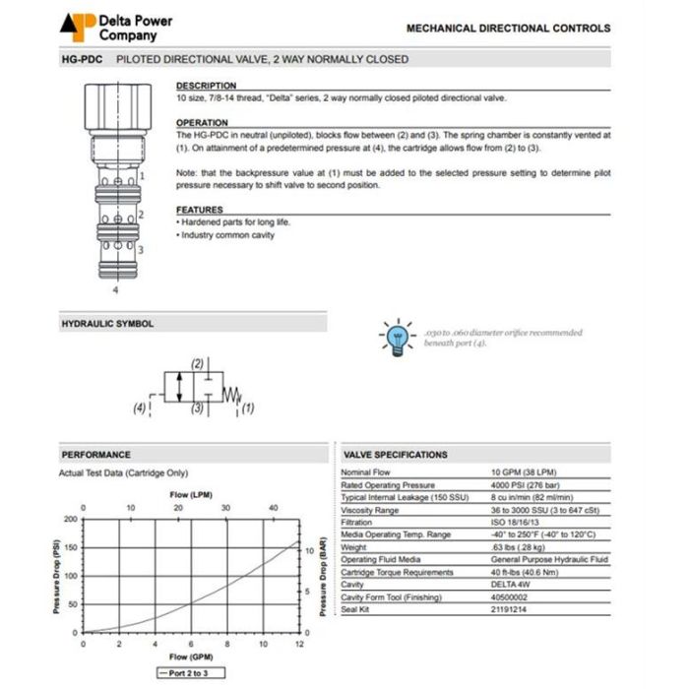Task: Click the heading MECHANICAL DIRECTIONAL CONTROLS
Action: [x=508, y=29]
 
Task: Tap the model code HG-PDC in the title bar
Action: [x=83, y=59]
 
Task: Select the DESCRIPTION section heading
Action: [x=206, y=86]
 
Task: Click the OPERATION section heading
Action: [x=202, y=122]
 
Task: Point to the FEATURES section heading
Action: [x=200, y=210]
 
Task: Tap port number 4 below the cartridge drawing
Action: [x=116, y=290]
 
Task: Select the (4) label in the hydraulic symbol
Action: [x=140, y=407]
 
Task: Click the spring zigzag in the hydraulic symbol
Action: [x=231, y=395]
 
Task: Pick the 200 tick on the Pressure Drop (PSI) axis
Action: [x=70, y=519]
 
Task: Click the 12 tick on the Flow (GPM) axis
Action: [x=299, y=645]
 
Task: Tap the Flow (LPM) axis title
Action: [x=191, y=494]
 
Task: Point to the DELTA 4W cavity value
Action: [x=510, y=585]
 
